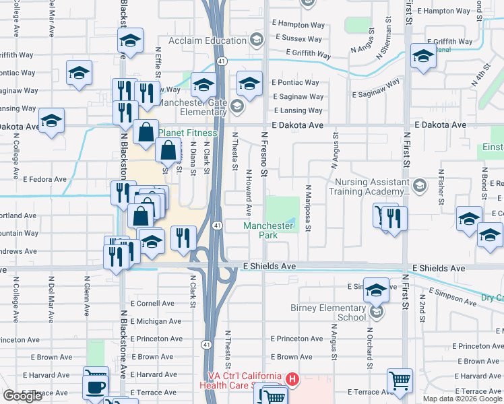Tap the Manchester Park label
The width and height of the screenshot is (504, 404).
(x=269, y=231)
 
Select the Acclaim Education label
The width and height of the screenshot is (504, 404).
(x=215, y=41)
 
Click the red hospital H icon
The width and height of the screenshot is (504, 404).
(x=292, y=380)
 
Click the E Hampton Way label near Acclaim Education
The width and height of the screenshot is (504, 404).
(x=299, y=23)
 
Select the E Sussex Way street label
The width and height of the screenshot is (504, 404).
(x=298, y=38)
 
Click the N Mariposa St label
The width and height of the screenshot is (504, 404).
(x=308, y=209)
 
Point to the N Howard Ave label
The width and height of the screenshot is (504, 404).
(x=249, y=193)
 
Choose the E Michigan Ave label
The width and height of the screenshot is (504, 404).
(x=156, y=322)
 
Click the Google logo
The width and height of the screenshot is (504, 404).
(x=22, y=396)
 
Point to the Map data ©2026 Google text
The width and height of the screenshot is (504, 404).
(x=462, y=399)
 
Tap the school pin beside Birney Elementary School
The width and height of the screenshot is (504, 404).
(x=376, y=290)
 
